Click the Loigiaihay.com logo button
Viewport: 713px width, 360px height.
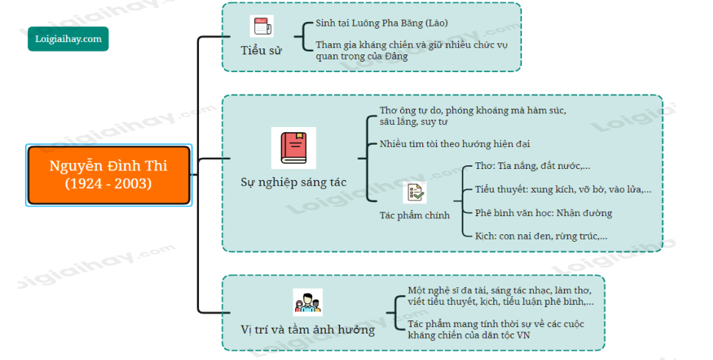(68, 38)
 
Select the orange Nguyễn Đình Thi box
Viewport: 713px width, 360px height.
(109, 175)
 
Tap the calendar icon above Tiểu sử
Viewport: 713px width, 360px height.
(261, 27)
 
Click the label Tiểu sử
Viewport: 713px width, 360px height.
(261, 50)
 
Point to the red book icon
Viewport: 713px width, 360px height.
(293, 148)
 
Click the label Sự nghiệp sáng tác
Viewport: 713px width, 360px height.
(293, 181)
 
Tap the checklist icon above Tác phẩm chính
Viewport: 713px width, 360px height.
(414, 193)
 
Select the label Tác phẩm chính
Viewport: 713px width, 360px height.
(414, 216)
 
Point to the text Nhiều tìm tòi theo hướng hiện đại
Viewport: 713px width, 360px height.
(455, 144)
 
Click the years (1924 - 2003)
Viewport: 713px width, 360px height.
(109, 184)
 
